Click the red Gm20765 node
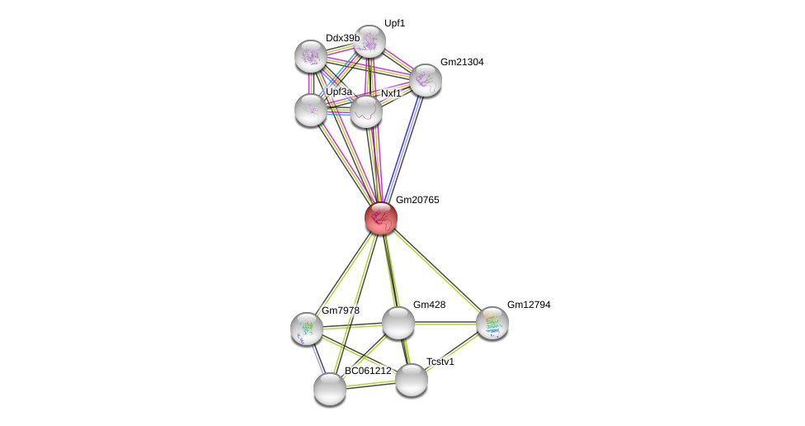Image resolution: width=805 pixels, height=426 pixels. (381, 218)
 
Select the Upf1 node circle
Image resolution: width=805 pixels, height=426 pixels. (370, 41)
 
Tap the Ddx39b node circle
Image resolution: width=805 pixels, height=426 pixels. (311, 56)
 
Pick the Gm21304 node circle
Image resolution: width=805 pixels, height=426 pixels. (426, 80)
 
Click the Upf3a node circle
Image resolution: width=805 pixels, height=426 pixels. (311, 109)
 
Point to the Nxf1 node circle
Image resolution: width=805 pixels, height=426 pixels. (366, 111)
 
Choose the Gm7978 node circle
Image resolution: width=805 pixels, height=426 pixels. (307, 329)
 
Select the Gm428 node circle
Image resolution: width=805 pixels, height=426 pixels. (398, 323)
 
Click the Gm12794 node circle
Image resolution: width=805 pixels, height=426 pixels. (492, 323)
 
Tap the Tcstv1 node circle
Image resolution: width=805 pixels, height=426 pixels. (412, 380)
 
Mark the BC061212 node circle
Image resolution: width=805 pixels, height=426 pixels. (330, 389)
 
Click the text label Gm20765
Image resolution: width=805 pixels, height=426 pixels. (417, 200)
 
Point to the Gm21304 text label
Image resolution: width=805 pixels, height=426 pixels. (462, 62)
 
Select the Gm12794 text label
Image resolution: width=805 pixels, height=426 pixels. (529, 305)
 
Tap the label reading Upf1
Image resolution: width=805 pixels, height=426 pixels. (395, 23)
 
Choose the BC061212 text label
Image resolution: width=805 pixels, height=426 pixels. (368, 371)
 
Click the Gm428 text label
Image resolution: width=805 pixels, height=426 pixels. (429, 305)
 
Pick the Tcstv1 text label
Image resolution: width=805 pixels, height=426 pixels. (440, 362)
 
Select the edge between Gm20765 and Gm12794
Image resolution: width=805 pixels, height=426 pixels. (437, 271)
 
